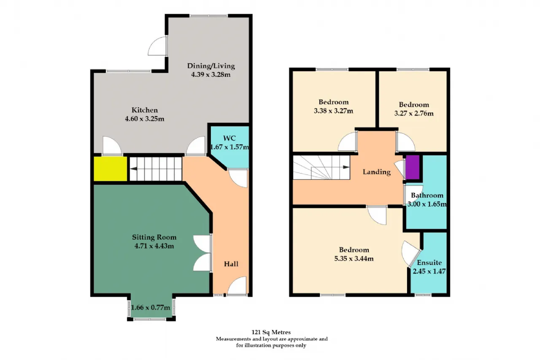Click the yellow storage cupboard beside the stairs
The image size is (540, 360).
[x=111, y=168]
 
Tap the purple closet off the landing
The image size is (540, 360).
[x=413, y=167]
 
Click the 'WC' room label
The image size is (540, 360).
[x=229, y=138]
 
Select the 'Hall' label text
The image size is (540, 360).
[x=231, y=264]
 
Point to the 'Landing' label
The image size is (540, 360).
[x=377, y=172]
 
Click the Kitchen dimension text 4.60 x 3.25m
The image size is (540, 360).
[x=145, y=119]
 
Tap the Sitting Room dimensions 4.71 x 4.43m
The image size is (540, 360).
[x=154, y=246]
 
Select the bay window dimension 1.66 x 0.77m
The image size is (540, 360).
[x=151, y=307]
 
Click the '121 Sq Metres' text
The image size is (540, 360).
[x=271, y=332]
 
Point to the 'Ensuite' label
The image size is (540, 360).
[x=429, y=263]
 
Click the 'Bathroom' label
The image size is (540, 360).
[x=427, y=195]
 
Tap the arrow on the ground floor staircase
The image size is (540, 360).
[x=133, y=168]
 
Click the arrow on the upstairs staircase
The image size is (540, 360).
[x=346, y=167]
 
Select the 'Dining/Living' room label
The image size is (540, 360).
[x=211, y=66]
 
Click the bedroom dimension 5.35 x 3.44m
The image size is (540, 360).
[x=354, y=258]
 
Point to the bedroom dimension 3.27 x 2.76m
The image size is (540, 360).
[x=414, y=113]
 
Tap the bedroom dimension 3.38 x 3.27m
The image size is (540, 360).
[x=333, y=111]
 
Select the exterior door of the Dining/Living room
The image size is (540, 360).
[x=157, y=46]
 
